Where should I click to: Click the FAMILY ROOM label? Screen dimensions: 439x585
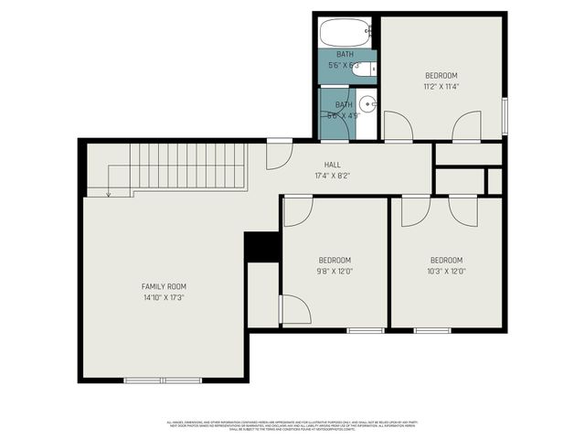(x=164, y=286)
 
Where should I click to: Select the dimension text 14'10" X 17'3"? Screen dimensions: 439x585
(x=164, y=298)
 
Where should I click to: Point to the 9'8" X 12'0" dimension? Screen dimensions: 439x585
(x=335, y=271)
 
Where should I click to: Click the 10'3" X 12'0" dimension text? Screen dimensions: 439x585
(x=446, y=271)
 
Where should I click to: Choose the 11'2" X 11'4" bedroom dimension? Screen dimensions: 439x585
(x=441, y=87)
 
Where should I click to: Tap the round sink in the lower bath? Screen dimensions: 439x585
(x=367, y=103)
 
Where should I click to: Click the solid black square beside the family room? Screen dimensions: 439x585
(x=261, y=247)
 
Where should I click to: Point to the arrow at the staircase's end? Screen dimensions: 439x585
(x=108, y=192)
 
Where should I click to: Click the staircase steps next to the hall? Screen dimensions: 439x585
(x=187, y=167)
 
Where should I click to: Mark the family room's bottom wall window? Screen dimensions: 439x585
(x=163, y=380)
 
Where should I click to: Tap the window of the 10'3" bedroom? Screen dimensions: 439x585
(x=432, y=329)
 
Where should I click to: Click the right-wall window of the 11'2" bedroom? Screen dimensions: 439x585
(x=505, y=116)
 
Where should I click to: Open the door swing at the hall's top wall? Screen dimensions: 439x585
(x=279, y=154)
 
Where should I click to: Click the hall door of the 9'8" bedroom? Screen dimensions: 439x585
(x=298, y=210)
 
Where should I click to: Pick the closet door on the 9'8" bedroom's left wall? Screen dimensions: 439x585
(x=294, y=309)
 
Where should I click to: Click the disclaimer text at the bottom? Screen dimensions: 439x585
(x=292, y=425)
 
